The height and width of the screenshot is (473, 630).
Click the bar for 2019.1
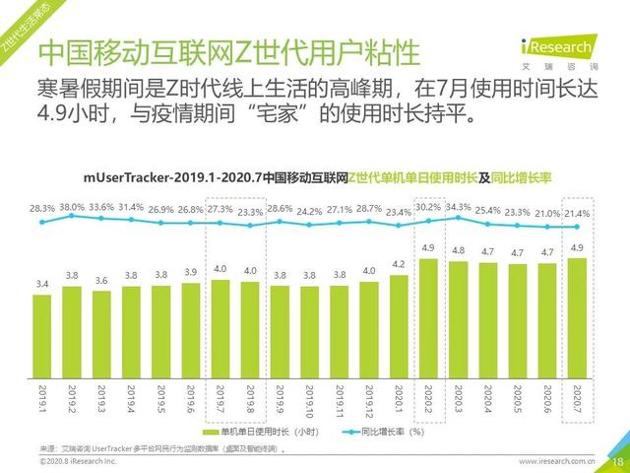point(42,329)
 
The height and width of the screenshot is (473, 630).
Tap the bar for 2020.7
point(578,312)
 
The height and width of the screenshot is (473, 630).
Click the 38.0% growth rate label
point(72,207)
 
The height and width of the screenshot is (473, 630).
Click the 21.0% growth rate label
point(547,214)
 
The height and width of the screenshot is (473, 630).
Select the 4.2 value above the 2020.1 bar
point(399,264)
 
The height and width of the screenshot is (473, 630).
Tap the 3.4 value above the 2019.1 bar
point(42,283)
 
